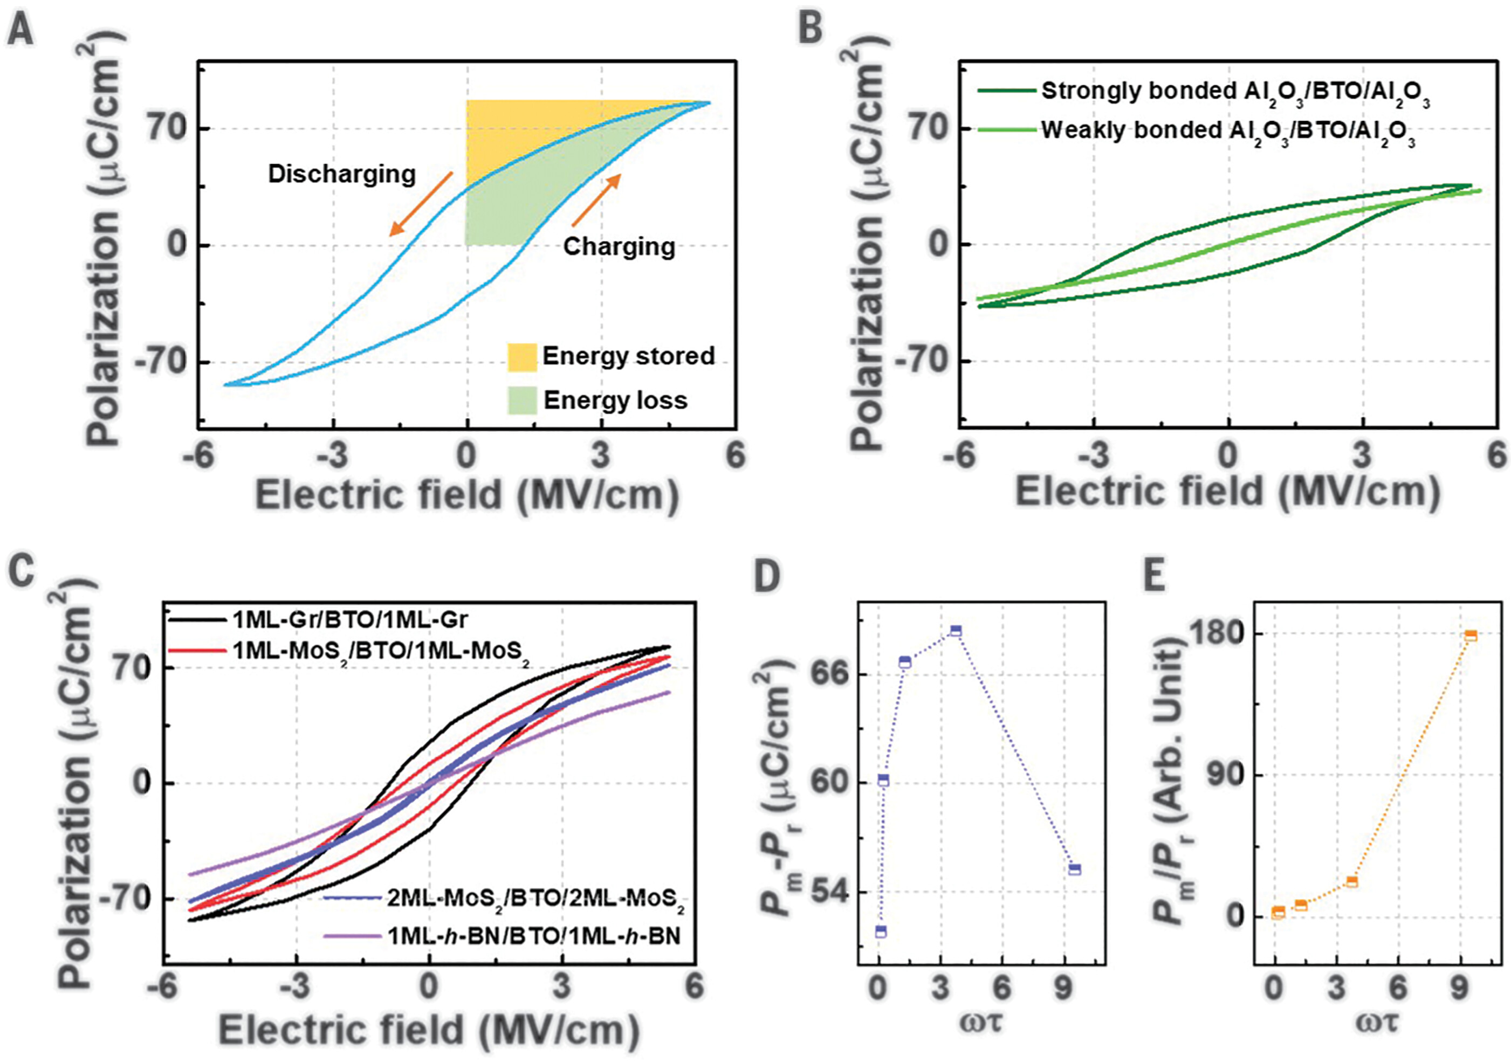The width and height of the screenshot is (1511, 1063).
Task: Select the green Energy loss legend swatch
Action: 522,401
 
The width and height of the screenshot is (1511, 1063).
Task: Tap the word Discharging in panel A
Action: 341,174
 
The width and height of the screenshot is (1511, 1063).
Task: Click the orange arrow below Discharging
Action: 421,204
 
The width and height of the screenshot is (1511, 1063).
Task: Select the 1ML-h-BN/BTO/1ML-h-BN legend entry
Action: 534,935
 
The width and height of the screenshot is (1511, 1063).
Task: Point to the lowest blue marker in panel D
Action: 881,931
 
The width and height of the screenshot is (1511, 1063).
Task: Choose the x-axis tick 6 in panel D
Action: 1001,989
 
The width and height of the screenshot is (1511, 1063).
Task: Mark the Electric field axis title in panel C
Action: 428,1031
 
